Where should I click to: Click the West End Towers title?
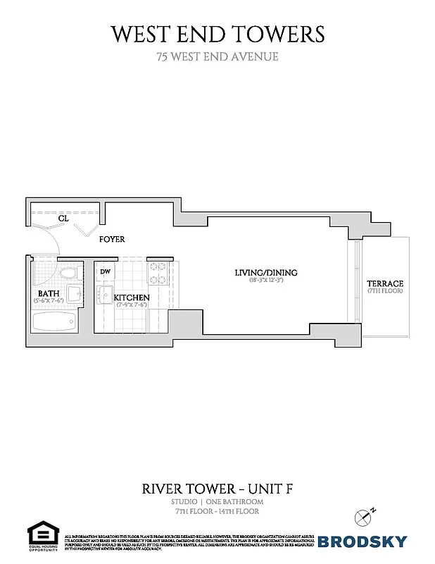point(217,33)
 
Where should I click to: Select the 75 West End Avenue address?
point(217,56)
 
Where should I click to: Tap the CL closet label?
point(63,219)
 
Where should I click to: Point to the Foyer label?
point(112,240)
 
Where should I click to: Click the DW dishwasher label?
point(105,271)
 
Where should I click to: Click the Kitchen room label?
point(132,298)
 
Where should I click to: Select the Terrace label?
point(384,283)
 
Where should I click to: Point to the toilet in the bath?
point(68,273)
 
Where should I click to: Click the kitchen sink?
point(106,293)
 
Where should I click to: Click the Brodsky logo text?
point(362,541)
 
